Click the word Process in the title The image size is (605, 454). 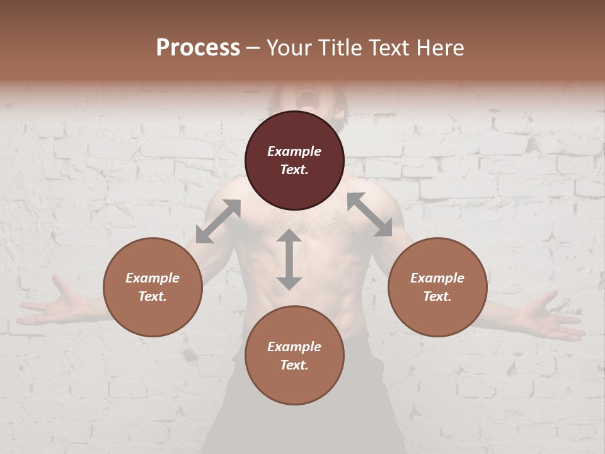198,48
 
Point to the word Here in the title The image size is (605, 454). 441,48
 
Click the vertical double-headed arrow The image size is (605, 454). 289,259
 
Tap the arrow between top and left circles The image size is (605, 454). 218,221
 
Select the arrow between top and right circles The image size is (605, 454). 370,214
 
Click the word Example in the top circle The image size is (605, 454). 294,151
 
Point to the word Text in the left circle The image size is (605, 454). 153,296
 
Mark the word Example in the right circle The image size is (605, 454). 437,278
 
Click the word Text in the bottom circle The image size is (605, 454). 294,365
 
